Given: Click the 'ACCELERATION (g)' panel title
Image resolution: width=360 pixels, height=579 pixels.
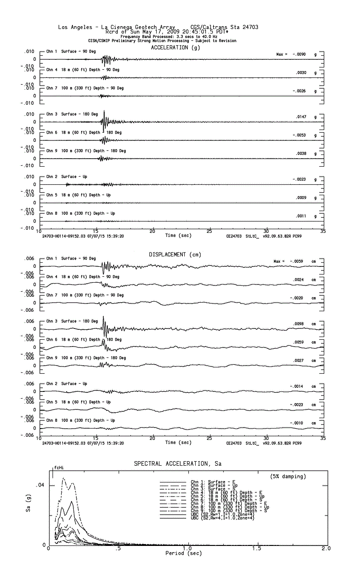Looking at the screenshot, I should click(175, 48).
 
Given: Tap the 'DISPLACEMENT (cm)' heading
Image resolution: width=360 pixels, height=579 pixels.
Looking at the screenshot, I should click(175, 255).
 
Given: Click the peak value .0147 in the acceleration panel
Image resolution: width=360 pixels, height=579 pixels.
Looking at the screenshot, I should click(301, 117).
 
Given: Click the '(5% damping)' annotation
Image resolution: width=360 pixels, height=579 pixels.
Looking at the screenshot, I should click(288, 476).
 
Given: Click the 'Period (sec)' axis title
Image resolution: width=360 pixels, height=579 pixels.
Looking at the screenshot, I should click(183, 554).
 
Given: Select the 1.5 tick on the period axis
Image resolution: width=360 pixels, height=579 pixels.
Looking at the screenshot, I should click(257, 549).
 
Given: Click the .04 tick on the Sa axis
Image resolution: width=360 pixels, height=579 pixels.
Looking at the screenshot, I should click(40, 485).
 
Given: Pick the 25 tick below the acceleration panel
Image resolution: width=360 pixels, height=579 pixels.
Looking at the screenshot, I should click(209, 232).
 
